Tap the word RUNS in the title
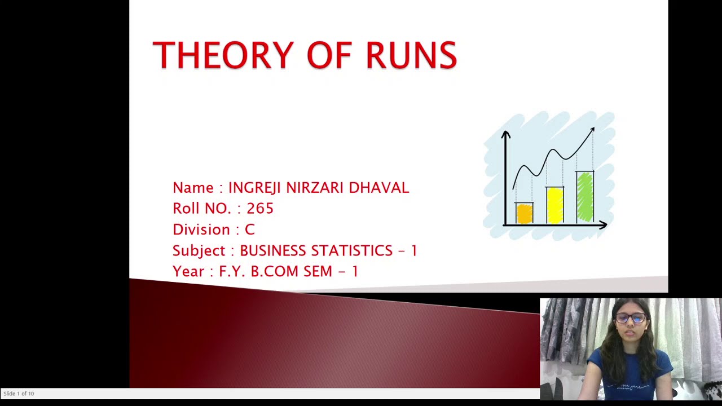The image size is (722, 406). click(x=411, y=55)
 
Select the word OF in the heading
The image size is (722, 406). click(x=329, y=55)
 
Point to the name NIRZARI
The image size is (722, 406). click(x=315, y=188)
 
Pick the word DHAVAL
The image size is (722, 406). click(x=378, y=188)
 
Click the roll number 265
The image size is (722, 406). click(x=260, y=209)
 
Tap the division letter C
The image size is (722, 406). click(x=249, y=230)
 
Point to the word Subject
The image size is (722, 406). click(x=199, y=250)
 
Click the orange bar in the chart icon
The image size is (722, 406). click(x=525, y=214)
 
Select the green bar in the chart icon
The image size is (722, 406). click(x=585, y=197)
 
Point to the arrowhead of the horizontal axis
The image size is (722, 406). click(x=603, y=225)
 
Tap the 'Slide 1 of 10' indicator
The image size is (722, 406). click(x=19, y=394)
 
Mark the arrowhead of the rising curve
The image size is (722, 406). click(x=592, y=131)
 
